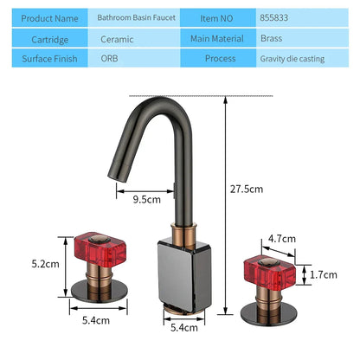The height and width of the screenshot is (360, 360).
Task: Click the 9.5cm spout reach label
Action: pyautogui.click(x=147, y=199)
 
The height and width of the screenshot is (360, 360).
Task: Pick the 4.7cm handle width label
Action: pyautogui.click(x=282, y=237)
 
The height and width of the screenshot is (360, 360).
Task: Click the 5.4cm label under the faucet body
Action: pyautogui.click(x=183, y=327)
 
